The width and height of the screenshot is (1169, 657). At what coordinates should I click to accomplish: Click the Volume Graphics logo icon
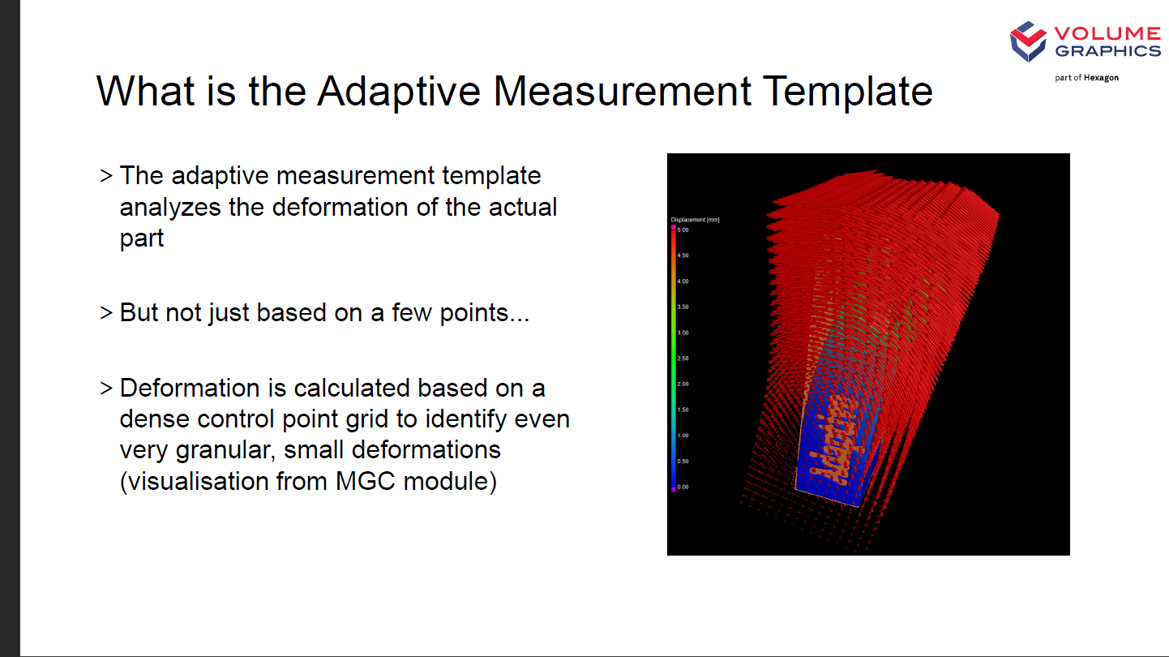point(1028,41)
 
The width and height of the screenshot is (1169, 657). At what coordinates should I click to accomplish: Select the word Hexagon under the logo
point(1101,78)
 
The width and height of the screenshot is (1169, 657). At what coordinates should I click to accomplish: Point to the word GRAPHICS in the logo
point(1108,50)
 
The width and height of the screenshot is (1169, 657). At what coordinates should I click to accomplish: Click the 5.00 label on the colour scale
point(683,230)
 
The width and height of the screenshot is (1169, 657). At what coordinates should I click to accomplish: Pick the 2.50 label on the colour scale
point(683,359)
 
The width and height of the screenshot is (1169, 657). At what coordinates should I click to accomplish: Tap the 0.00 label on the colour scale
point(683,487)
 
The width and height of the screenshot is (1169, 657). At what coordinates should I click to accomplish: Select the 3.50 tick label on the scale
point(683,307)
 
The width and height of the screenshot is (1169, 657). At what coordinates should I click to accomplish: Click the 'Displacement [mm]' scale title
point(695,220)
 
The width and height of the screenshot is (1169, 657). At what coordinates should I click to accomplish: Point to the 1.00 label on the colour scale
point(683,435)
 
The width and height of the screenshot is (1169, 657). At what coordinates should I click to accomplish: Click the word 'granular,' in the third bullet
point(225,451)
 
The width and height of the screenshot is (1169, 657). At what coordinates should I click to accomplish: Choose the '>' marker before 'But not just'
point(106,313)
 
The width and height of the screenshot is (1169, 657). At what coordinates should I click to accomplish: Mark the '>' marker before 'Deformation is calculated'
point(106,388)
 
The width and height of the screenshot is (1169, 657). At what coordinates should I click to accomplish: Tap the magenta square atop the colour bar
point(674,228)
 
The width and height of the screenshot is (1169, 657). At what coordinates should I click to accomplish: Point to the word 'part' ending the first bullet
point(142,239)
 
